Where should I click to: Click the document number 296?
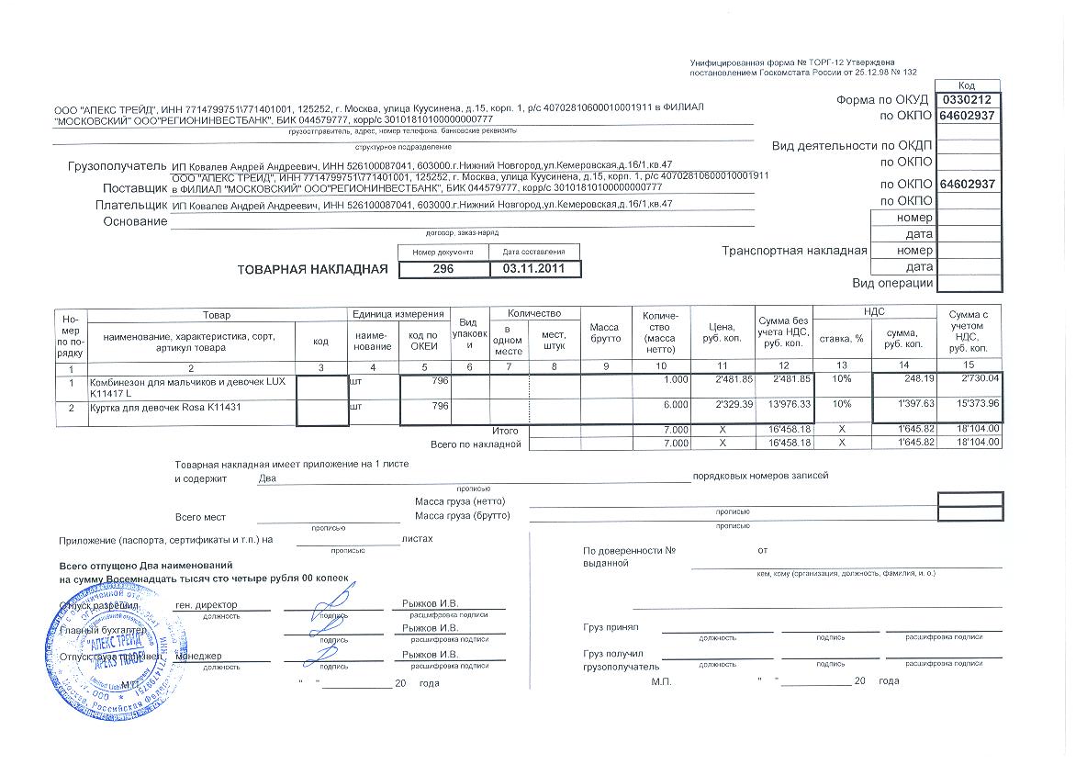point(443,269)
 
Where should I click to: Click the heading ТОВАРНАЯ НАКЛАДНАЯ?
point(313,269)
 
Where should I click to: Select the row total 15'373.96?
point(976,404)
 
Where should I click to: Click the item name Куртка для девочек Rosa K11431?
point(165,405)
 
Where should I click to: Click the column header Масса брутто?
point(605,332)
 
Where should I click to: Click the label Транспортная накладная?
point(794,251)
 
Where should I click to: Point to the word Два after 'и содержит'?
point(267,477)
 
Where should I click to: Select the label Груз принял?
point(611,627)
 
